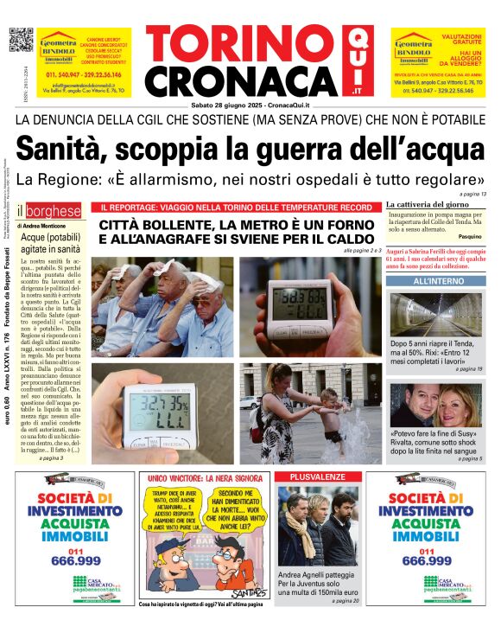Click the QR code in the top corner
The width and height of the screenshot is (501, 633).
coord(21,41)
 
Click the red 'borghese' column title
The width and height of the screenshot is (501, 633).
coord(54,211)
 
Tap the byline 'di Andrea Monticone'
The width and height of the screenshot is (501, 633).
coord(48,225)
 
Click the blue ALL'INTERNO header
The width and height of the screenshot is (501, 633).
coord(435,282)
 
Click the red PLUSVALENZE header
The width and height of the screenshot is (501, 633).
coord(316,476)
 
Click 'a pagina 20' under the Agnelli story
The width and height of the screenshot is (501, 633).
coord(344,600)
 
